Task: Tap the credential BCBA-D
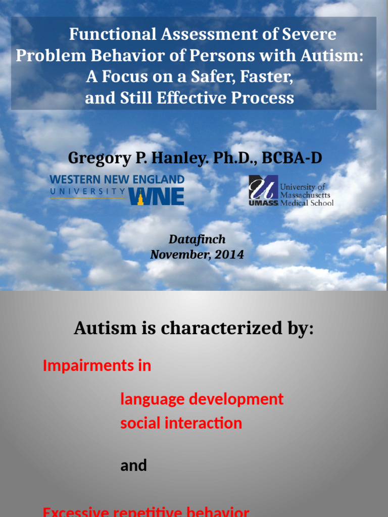pos(292,158)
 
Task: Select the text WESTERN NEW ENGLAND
pos(117,179)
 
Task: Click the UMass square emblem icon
pos(263,187)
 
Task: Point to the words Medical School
pos(307,203)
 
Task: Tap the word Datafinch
pos(197,239)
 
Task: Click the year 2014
pos(229,254)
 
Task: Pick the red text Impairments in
pos(97,366)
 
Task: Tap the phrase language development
pos(202,399)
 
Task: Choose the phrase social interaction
pos(181,423)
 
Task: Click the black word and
pos(133,465)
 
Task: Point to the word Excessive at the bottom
pos(76,512)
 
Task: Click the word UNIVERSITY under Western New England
pos(88,191)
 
